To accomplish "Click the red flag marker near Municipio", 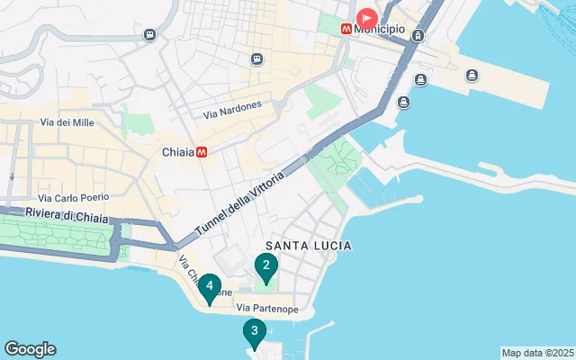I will (367, 17).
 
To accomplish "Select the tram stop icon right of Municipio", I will (418, 35).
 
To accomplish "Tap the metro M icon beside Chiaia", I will (202, 152).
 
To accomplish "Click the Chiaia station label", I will (178, 152).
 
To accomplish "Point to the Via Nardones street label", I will (232, 110).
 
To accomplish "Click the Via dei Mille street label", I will (67, 122).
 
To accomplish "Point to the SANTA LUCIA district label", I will (308, 246).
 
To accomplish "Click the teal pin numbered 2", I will (265, 265).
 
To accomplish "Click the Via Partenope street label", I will (267, 309).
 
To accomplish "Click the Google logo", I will (30, 349).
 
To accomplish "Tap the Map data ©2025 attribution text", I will (536, 353).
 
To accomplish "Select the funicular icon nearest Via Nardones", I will (256, 59).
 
